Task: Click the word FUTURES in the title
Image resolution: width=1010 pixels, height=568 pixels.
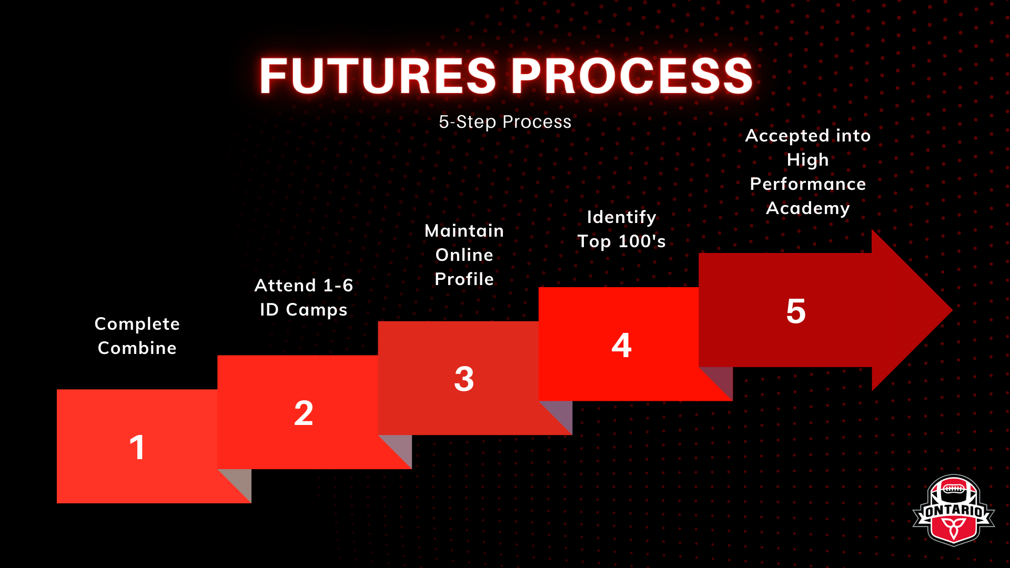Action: tap(378, 76)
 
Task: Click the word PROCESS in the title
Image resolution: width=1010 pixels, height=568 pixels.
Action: tap(632, 76)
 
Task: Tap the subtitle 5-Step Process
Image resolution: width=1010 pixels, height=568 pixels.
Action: tap(505, 122)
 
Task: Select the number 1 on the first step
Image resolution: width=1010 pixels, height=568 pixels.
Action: tap(137, 448)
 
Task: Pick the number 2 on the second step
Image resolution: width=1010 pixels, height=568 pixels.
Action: tap(304, 413)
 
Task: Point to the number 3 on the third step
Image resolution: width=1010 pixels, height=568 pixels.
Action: tap(464, 379)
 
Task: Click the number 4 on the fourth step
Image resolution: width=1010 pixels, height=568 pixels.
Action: tap(621, 345)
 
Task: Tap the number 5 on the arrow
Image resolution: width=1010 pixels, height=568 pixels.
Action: tap(796, 311)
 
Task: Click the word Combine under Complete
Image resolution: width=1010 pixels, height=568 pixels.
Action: tap(137, 348)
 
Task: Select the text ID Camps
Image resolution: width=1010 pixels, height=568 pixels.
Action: tap(304, 310)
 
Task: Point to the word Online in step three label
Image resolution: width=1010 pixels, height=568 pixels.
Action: tap(464, 255)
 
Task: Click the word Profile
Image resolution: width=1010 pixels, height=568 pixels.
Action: tap(464, 279)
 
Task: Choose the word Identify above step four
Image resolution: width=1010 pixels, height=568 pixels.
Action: tap(622, 217)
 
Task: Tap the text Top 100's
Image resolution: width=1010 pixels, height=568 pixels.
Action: tap(622, 241)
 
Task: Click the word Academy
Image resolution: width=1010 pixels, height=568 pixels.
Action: tap(808, 208)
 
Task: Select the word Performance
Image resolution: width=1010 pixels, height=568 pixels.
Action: tap(808, 184)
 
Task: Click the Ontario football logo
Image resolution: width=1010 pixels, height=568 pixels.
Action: tap(954, 510)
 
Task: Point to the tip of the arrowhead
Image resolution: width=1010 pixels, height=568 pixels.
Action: tap(953, 310)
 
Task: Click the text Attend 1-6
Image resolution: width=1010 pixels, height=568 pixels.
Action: tap(304, 286)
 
